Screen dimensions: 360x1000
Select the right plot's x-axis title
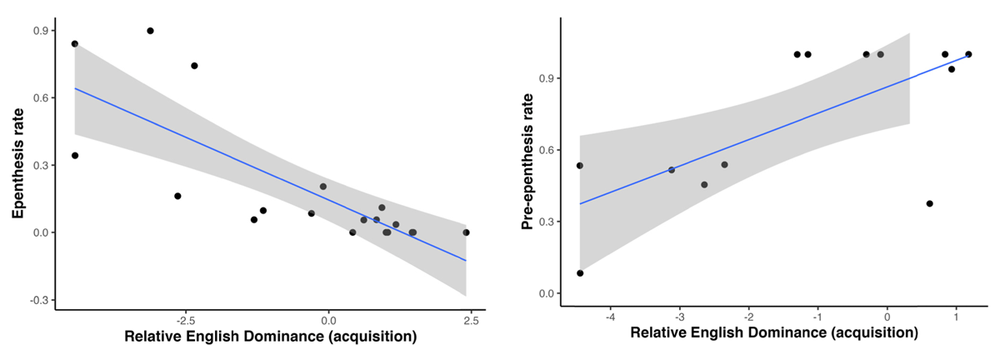point(774,332)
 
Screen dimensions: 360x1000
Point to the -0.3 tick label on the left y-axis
point(37,300)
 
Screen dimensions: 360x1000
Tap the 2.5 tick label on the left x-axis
point(471,320)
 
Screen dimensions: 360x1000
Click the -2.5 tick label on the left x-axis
point(184,320)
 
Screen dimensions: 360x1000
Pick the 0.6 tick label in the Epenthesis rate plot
point(39,97)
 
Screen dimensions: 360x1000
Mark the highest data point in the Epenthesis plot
point(150,31)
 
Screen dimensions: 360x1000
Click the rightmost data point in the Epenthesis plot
point(466,232)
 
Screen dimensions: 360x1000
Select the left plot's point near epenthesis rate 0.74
point(194,66)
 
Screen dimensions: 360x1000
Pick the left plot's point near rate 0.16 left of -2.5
point(177,196)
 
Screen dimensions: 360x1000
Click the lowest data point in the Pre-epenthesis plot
point(580,273)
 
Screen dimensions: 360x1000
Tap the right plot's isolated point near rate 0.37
point(929,203)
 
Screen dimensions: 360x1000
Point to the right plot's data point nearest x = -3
point(672,170)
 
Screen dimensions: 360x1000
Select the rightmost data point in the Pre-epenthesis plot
point(968,54)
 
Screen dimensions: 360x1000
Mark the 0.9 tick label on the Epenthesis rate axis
point(39,31)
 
